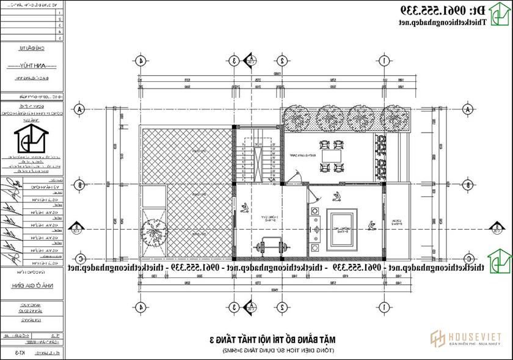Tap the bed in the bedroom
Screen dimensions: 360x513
click(x=340, y=227)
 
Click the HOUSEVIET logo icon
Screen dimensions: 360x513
click(x=437, y=339)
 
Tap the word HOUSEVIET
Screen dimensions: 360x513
click(x=476, y=337)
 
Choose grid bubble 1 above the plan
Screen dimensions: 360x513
click(x=384, y=61)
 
